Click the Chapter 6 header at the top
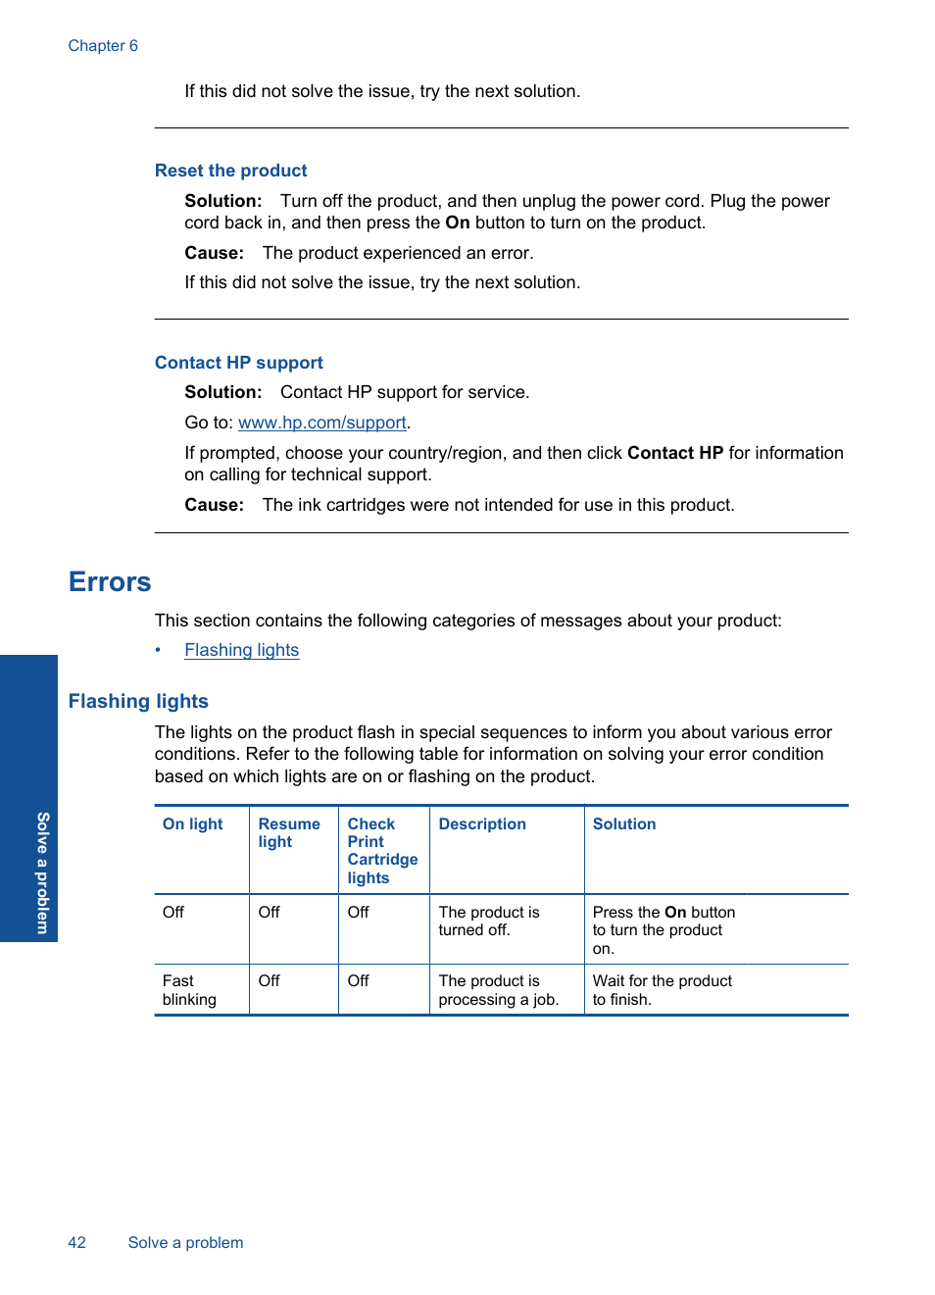point(103,46)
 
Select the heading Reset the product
point(230,171)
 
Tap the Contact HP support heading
point(238,363)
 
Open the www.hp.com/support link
point(321,423)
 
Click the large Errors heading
point(110,582)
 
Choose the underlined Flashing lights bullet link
point(241,650)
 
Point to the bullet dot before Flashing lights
point(158,650)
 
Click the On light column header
point(192,824)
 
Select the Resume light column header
point(288,833)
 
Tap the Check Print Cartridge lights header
point(381,851)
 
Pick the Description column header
point(482,824)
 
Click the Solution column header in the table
point(624,824)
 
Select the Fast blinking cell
point(189,990)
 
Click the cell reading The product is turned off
point(488,921)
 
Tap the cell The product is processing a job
point(498,990)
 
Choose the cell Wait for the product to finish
point(662,990)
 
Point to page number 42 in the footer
point(76,1243)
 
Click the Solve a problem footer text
point(185,1243)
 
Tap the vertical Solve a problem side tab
point(42,872)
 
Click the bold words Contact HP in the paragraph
point(674,453)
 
